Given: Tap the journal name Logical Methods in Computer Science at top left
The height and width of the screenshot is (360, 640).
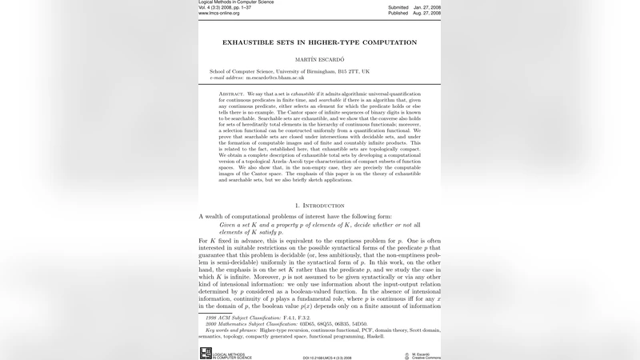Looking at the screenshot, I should (236, 2).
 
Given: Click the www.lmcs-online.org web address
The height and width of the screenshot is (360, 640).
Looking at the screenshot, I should (219, 14).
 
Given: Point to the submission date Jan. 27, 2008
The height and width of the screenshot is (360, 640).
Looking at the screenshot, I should (426, 7).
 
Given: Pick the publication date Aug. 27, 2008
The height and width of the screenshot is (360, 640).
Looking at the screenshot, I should (426, 14).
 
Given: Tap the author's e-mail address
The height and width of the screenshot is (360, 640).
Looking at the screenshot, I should (275, 78).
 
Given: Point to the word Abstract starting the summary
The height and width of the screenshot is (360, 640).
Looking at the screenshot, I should (231, 94).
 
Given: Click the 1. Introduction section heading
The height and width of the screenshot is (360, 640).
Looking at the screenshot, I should (319, 206).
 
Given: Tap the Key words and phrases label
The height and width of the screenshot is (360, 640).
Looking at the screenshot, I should (234, 330).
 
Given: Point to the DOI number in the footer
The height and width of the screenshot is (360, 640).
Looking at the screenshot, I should (327, 357).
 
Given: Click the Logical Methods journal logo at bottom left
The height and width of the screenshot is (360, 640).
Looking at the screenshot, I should (205, 353).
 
